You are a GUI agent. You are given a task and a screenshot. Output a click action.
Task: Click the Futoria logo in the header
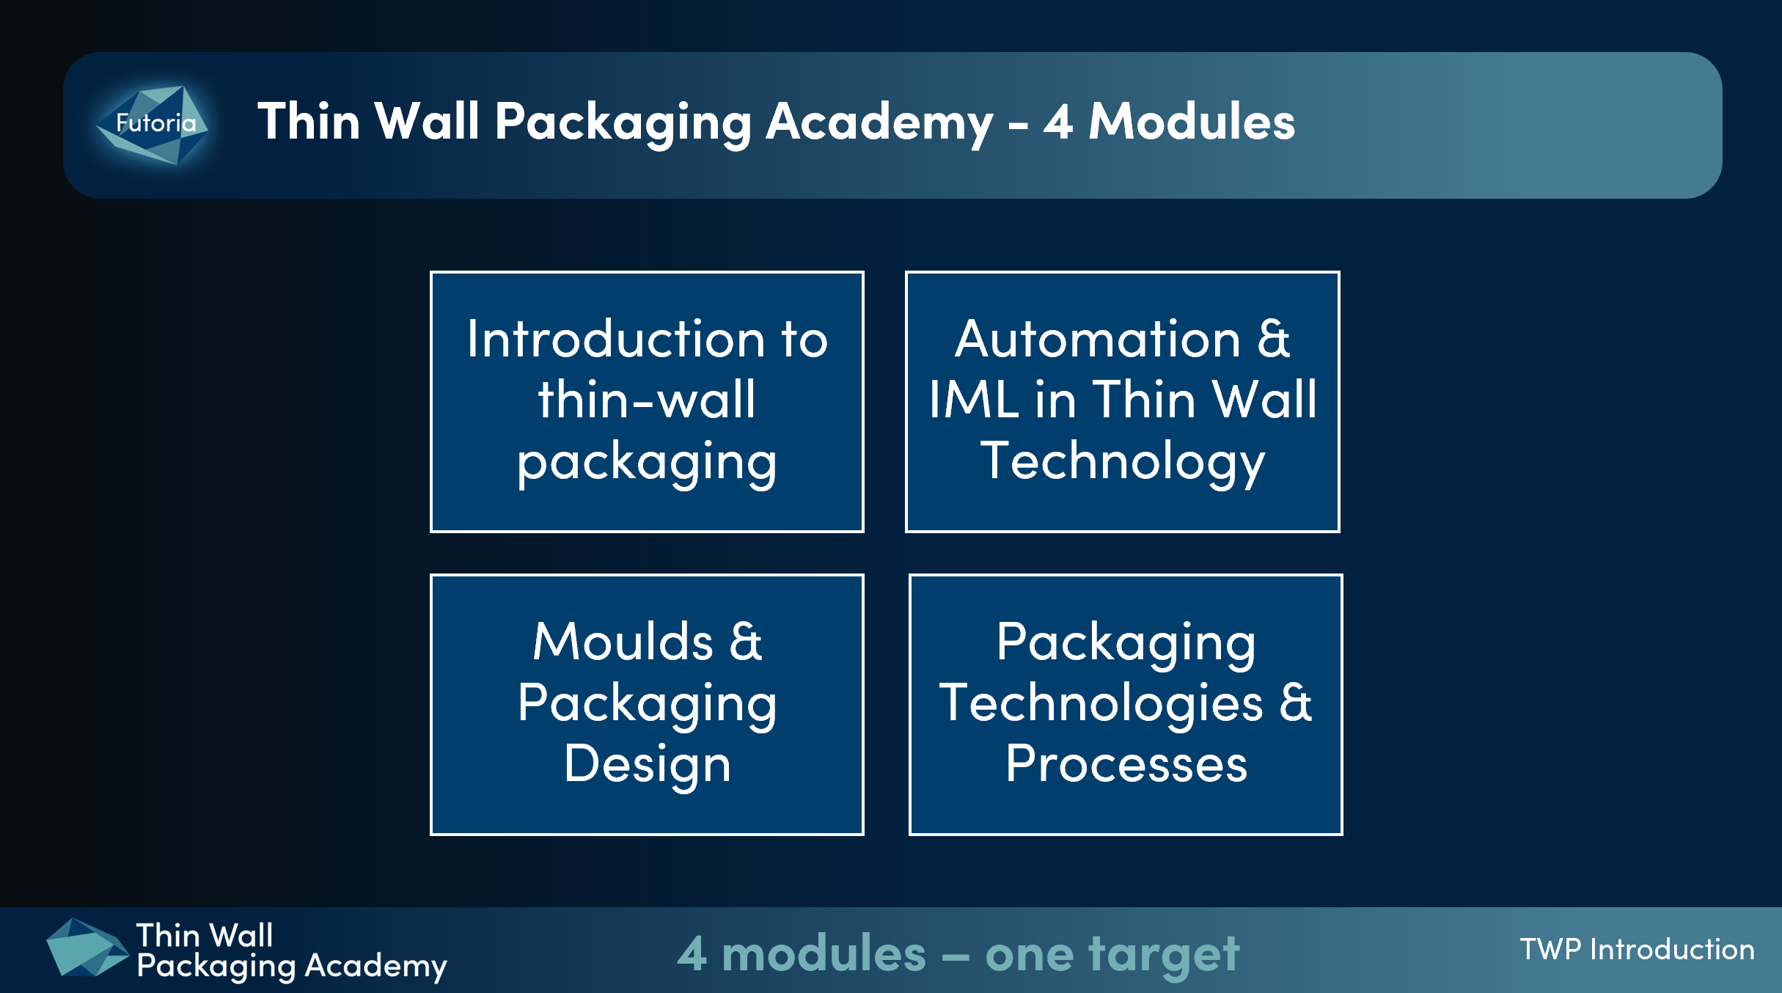pyautogui.click(x=153, y=125)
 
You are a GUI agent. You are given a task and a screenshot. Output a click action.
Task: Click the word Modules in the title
pyautogui.click(x=1192, y=121)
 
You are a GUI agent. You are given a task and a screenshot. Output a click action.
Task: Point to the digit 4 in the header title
pyautogui.click(x=1058, y=122)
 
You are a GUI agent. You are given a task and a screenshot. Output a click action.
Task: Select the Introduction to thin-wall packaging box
pyautogui.click(x=647, y=402)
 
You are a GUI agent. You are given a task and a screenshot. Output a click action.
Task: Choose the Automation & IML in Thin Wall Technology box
pyautogui.click(x=1123, y=402)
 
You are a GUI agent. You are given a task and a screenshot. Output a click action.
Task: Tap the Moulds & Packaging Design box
pyautogui.click(x=647, y=705)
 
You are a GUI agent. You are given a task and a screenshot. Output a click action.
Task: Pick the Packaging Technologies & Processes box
pyautogui.click(x=1126, y=705)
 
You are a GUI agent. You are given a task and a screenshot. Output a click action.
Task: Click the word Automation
pyautogui.click(x=1098, y=339)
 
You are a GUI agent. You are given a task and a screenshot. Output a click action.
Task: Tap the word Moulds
pyautogui.click(x=623, y=642)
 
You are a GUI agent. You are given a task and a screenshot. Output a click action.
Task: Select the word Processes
pyautogui.click(x=1126, y=764)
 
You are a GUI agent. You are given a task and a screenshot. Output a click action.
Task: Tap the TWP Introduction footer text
pyautogui.click(x=1637, y=950)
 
